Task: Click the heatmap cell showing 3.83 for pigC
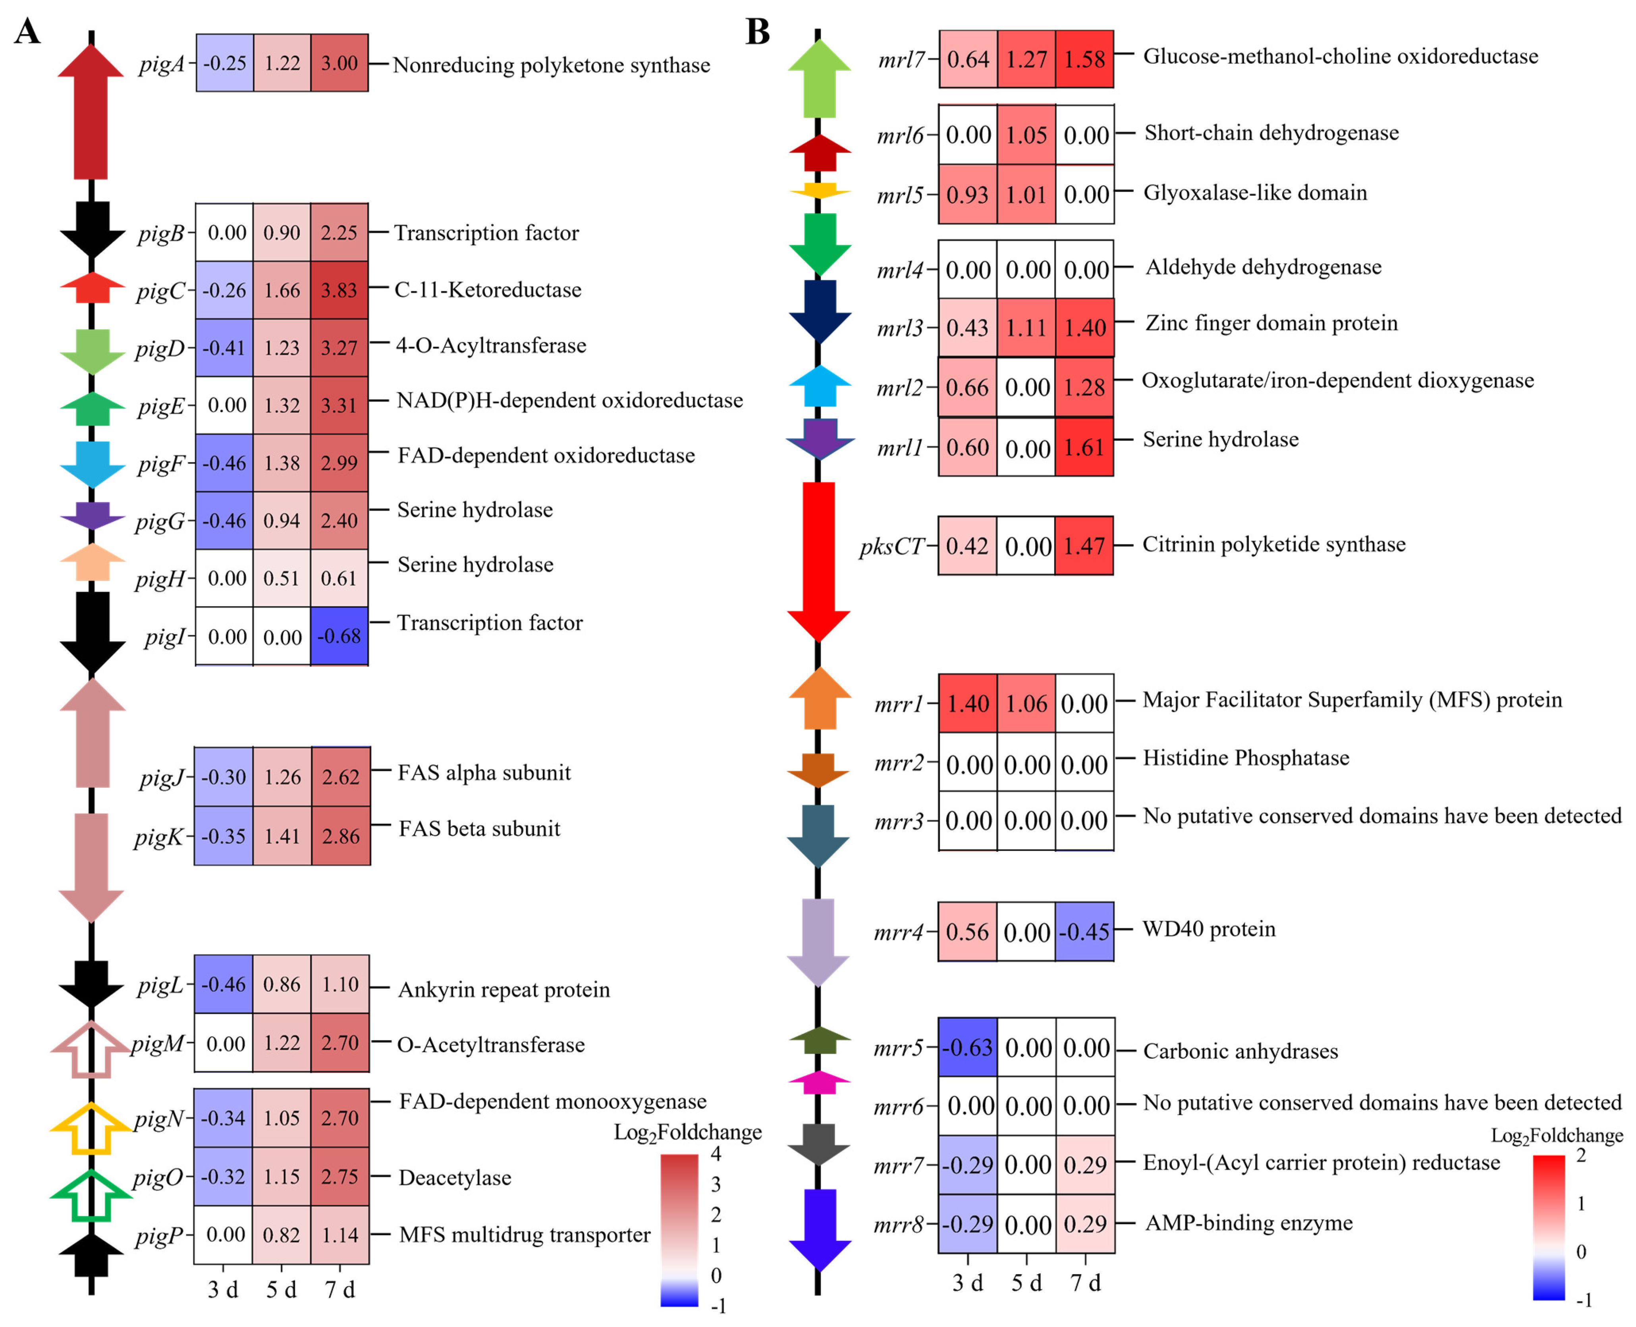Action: coord(339,291)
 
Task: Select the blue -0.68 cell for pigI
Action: coord(339,636)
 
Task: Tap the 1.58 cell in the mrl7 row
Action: coord(1084,59)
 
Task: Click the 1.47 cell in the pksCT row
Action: coord(1084,546)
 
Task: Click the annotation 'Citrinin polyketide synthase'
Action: coord(1273,544)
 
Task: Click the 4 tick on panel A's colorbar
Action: coord(716,1153)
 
